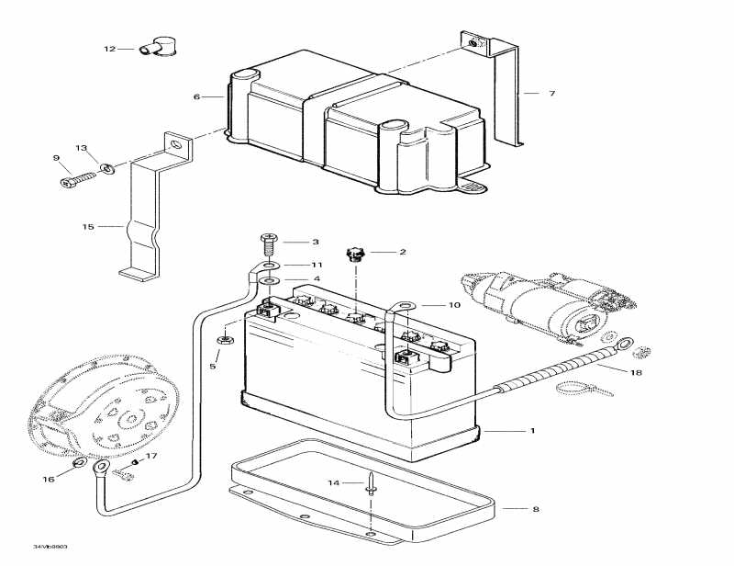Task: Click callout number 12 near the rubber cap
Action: (109, 49)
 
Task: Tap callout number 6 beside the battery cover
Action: (195, 96)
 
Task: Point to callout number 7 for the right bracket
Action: (551, 94)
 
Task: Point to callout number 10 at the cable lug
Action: (453, 304)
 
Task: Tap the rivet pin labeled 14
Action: (371, 485)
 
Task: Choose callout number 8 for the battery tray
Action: (535, 508)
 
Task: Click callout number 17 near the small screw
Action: (152, 456)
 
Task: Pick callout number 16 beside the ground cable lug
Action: (49, 479)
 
